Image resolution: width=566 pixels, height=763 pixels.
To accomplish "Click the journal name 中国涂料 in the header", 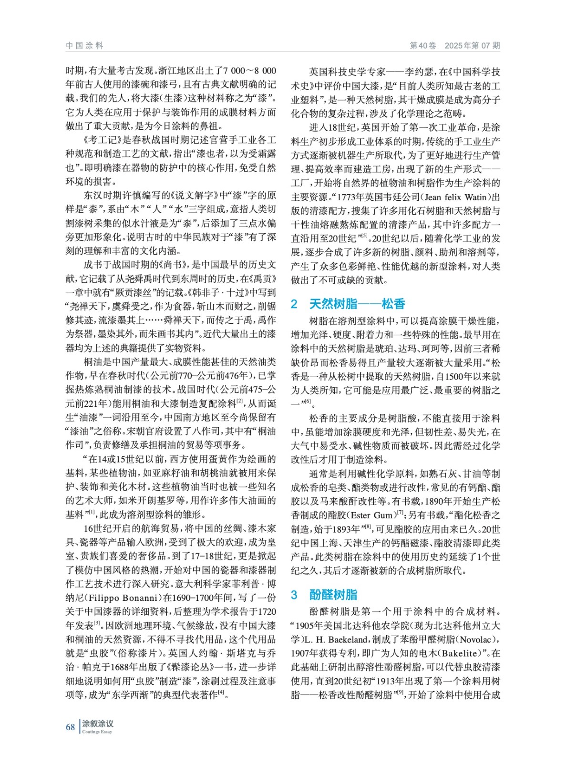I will (84, 46).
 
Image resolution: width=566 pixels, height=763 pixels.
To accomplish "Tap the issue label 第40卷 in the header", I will (423, 46).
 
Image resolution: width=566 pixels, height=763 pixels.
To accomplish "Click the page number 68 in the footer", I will (70, 727).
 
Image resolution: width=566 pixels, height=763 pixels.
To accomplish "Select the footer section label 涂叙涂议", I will (98, 723).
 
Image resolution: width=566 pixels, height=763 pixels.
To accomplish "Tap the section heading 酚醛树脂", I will (333, 595).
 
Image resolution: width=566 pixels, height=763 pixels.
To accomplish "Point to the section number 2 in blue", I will (294, 304).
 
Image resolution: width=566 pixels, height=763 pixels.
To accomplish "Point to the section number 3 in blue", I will (294, 595).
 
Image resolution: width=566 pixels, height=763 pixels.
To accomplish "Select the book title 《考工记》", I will (100, 140).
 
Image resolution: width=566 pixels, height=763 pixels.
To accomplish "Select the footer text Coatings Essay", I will (97, 732).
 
